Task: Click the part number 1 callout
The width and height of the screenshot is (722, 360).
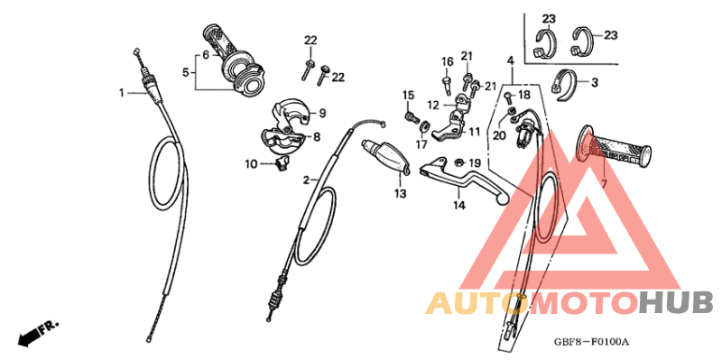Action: (120, 91)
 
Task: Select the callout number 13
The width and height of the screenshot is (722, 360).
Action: (400, 192)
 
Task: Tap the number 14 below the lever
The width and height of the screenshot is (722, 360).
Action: (458, 206)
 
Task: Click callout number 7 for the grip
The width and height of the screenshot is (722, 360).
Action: (604, 183)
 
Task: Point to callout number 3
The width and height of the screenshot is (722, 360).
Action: (595, 82)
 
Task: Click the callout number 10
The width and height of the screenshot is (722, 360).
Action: (250, 163)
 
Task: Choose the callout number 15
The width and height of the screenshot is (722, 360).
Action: (408, 95)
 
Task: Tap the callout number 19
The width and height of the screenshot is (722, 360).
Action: (475, 162)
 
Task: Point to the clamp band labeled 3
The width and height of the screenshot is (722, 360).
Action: (565, 79)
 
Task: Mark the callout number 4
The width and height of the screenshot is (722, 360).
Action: (510, 60)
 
